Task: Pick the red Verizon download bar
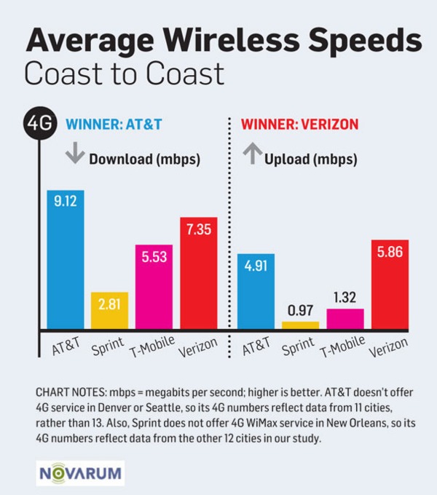(x=198, y=273)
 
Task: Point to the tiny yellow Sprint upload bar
(x=300, y=325)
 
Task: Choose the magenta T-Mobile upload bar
(x=345, y=319)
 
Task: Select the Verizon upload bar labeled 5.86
(x=390, y=285)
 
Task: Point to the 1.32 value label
(x=345, y=298)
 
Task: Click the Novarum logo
(x=81, y=472)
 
